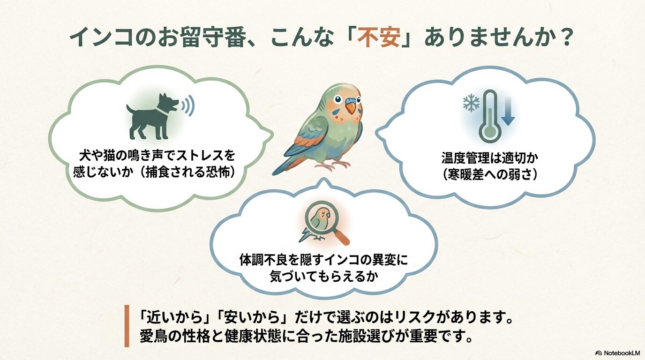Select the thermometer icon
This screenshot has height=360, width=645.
pyautogui.click(x=489, y=115)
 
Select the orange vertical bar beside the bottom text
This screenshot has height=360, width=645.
pyautogui.click(x=127, y=326)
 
